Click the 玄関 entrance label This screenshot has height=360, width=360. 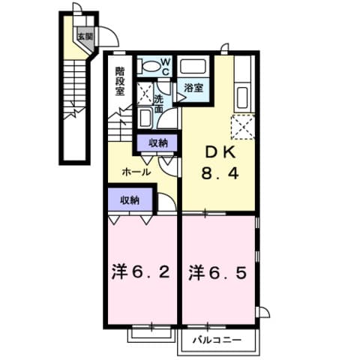coord(83,36)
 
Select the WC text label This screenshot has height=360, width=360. coord(166,66)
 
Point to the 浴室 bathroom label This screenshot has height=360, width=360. coord(194,88)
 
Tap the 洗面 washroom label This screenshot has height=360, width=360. coord(159,103)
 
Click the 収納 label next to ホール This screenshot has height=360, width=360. coord(157,142)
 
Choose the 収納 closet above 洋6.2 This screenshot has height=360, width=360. coord(130,200)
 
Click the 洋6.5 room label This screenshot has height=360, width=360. coord(217,270)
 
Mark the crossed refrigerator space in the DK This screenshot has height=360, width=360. coord(242,125)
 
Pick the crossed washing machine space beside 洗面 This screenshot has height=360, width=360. coord(144,94)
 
